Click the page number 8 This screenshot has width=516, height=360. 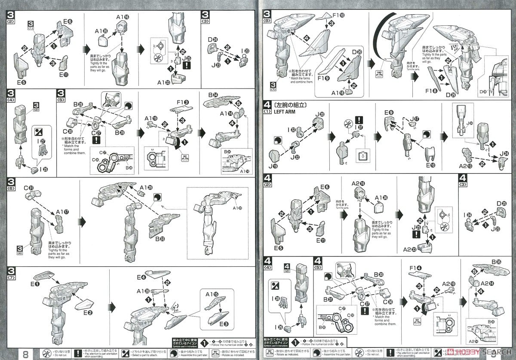(25, 354)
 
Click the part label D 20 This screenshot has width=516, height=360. (356, 52)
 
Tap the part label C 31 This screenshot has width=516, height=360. (29, 188)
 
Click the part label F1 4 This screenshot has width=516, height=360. (415, 268)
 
